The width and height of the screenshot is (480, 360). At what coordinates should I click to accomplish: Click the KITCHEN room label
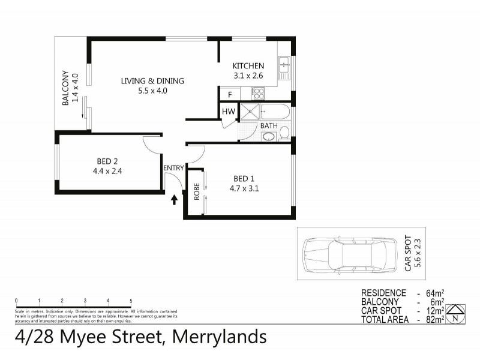point(248,66)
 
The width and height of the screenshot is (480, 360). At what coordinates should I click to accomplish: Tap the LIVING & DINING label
point(152,82)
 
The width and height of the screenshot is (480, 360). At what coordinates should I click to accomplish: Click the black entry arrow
point(174,199)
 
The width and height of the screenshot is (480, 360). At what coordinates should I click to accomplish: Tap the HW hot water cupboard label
point(228,112)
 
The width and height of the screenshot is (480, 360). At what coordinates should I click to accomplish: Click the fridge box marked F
point(229,94)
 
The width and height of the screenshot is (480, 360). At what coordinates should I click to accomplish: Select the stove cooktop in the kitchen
point(259,93)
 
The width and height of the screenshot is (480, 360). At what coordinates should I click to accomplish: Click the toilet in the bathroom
point(284,133)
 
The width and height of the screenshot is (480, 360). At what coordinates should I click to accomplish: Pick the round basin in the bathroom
point(269,137)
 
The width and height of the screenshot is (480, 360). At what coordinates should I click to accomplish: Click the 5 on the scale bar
point(131,301)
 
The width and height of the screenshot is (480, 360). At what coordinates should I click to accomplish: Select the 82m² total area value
point(434,320)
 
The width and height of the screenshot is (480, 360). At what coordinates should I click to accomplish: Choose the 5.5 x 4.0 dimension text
point(152,91)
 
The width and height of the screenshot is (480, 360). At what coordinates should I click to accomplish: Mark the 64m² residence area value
point(434,293)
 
